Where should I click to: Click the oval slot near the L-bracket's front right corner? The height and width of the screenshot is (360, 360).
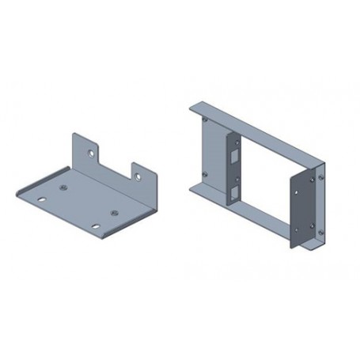coord(96,225)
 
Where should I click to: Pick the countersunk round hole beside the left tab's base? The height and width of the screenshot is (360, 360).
coord(64,188)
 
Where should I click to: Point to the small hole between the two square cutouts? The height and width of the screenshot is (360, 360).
coord(235,175)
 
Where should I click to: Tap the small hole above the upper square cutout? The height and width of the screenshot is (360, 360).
coord(235,142)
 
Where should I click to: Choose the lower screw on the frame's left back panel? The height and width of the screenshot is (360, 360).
coord(205,176)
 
